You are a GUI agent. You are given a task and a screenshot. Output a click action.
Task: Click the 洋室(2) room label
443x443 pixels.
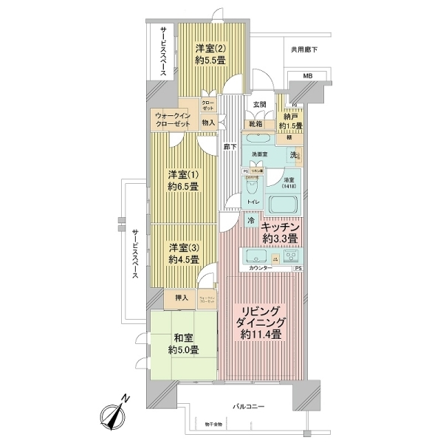coord(206,55)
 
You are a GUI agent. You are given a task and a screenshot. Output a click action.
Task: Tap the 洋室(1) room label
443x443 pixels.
coord(182,180)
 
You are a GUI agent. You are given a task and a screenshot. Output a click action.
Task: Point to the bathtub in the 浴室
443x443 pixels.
coord(282,205)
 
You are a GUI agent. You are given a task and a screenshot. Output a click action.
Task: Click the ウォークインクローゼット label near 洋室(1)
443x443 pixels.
coord(172,120)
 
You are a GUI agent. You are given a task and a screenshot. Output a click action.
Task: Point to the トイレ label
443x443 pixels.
coord(251,201)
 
